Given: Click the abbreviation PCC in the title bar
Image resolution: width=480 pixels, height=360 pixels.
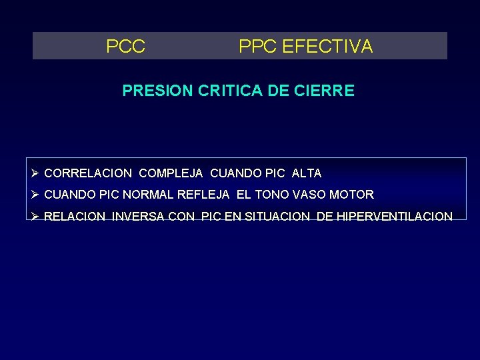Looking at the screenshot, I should point(126,47).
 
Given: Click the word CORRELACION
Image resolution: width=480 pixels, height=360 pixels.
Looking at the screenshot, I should point(88,173).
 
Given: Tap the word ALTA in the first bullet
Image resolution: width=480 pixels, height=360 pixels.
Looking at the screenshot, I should point(307,173).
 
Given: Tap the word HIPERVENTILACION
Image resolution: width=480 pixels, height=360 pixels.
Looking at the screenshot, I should point(395,216).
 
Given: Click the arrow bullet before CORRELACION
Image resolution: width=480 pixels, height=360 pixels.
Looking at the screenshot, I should point(35,173).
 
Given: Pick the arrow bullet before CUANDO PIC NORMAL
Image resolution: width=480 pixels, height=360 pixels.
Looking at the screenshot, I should point(35,195).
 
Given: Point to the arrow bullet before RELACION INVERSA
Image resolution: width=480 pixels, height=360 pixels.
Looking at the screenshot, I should point(35,216).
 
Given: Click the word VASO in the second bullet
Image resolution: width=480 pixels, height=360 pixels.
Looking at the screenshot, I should point(311,195).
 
